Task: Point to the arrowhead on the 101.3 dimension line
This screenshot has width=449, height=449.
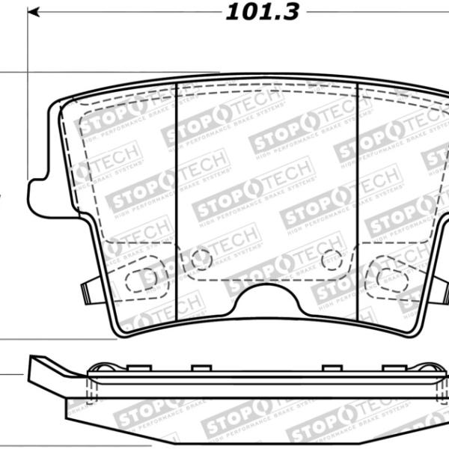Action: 34,13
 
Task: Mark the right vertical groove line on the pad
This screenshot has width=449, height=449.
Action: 358,195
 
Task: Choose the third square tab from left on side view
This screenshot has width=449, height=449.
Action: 329,367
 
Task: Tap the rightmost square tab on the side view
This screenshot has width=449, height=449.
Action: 389,367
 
